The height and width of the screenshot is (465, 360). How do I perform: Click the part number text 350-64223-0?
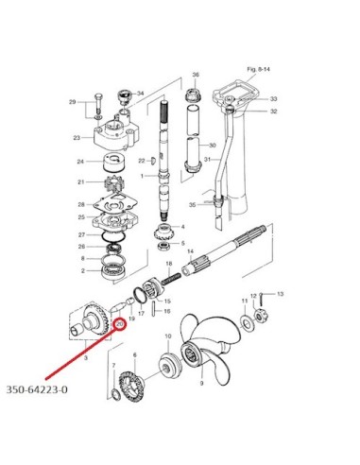37,389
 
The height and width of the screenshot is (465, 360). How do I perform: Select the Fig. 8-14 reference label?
258,69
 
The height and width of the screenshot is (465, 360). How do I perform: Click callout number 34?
140,94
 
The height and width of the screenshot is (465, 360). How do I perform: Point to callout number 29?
73,102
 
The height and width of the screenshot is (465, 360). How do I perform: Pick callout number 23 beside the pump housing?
77,138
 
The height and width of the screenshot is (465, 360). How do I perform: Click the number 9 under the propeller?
201,383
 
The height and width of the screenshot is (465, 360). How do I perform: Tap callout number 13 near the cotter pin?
280,294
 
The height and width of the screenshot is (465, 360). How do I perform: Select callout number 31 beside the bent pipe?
207,160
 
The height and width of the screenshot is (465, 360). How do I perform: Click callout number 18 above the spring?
169,264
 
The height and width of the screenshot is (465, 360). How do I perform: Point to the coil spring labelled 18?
172,279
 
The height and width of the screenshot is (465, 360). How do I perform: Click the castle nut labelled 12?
260,315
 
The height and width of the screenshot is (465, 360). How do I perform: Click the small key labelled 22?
153,160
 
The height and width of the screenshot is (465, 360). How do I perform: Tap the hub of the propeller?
191,355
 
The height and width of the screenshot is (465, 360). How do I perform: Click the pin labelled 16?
154,309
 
